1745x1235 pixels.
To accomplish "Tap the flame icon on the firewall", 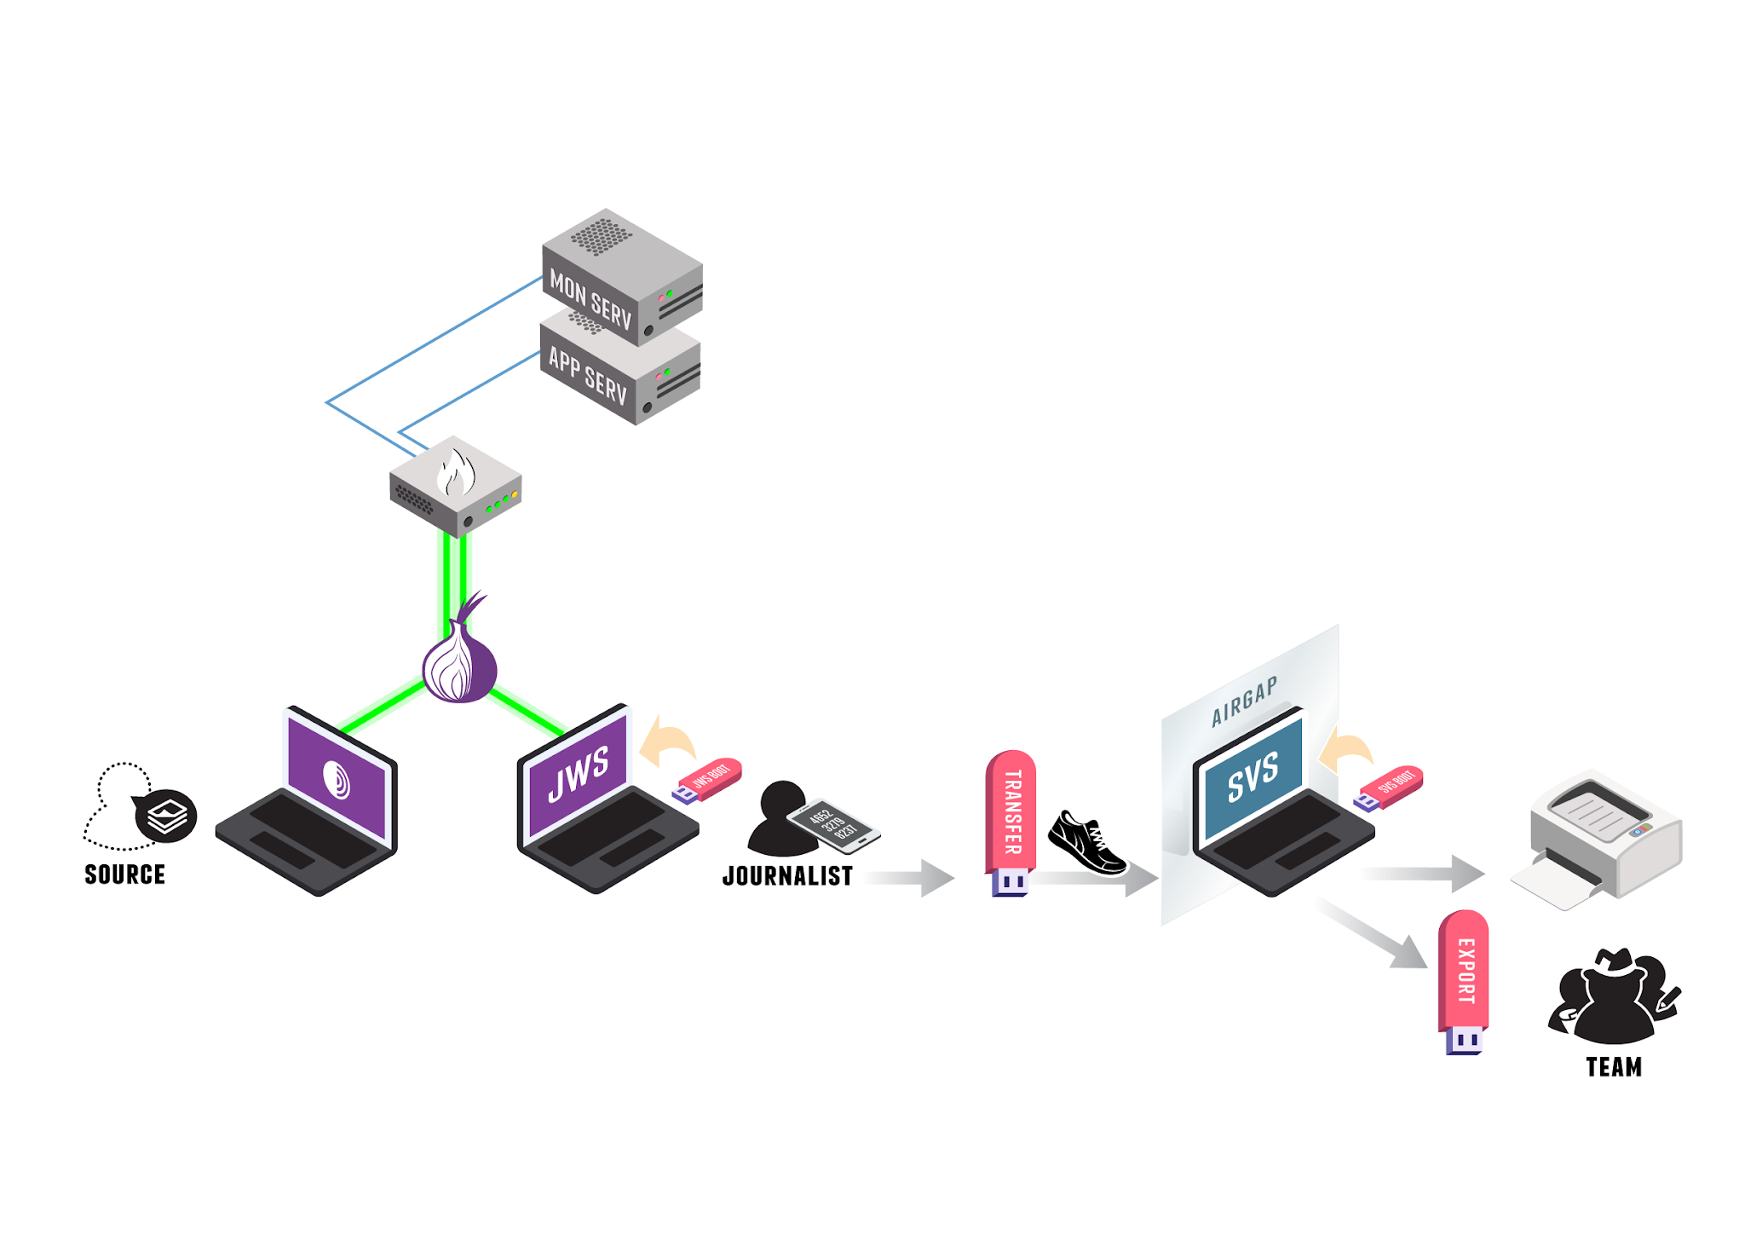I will tap(456, 473).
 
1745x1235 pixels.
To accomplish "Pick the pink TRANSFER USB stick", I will tap(1011, 814).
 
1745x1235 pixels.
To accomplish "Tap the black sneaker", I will tap(1086, 843).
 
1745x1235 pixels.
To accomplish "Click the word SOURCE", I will tap(124, 874).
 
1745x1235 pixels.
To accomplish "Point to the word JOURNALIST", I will tap(786, 876).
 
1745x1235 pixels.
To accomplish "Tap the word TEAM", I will tap(1613, 1067).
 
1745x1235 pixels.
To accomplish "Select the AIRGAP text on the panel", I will tap(1244, 701).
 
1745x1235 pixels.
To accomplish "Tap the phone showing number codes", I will tap(832, 825).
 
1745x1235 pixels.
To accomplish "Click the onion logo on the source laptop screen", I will tap(337, 779).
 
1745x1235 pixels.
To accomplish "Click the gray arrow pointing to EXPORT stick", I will tap(1373, 934).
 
